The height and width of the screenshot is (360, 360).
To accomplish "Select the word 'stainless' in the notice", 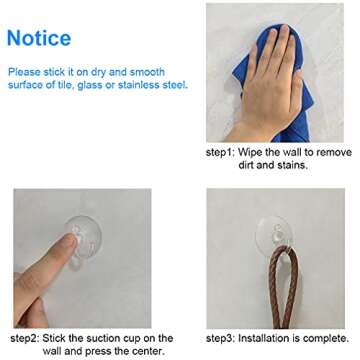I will coord(144,85).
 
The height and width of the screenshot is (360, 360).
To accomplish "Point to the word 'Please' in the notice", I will coord(24,72).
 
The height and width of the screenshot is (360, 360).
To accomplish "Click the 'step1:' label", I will coord(220,153).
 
